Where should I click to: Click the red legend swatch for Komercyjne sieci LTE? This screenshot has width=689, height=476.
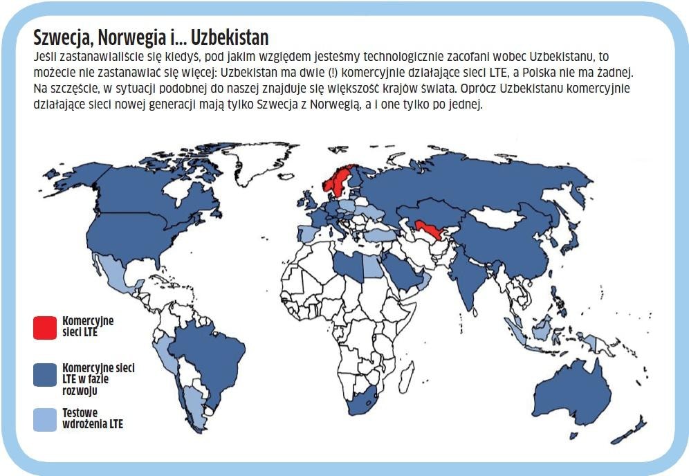pos(45,327)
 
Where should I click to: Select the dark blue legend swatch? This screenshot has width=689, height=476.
pos(45,374)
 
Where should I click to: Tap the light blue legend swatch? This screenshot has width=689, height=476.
pos(45,419)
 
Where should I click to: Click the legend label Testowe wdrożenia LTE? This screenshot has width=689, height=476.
pos(92,419)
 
